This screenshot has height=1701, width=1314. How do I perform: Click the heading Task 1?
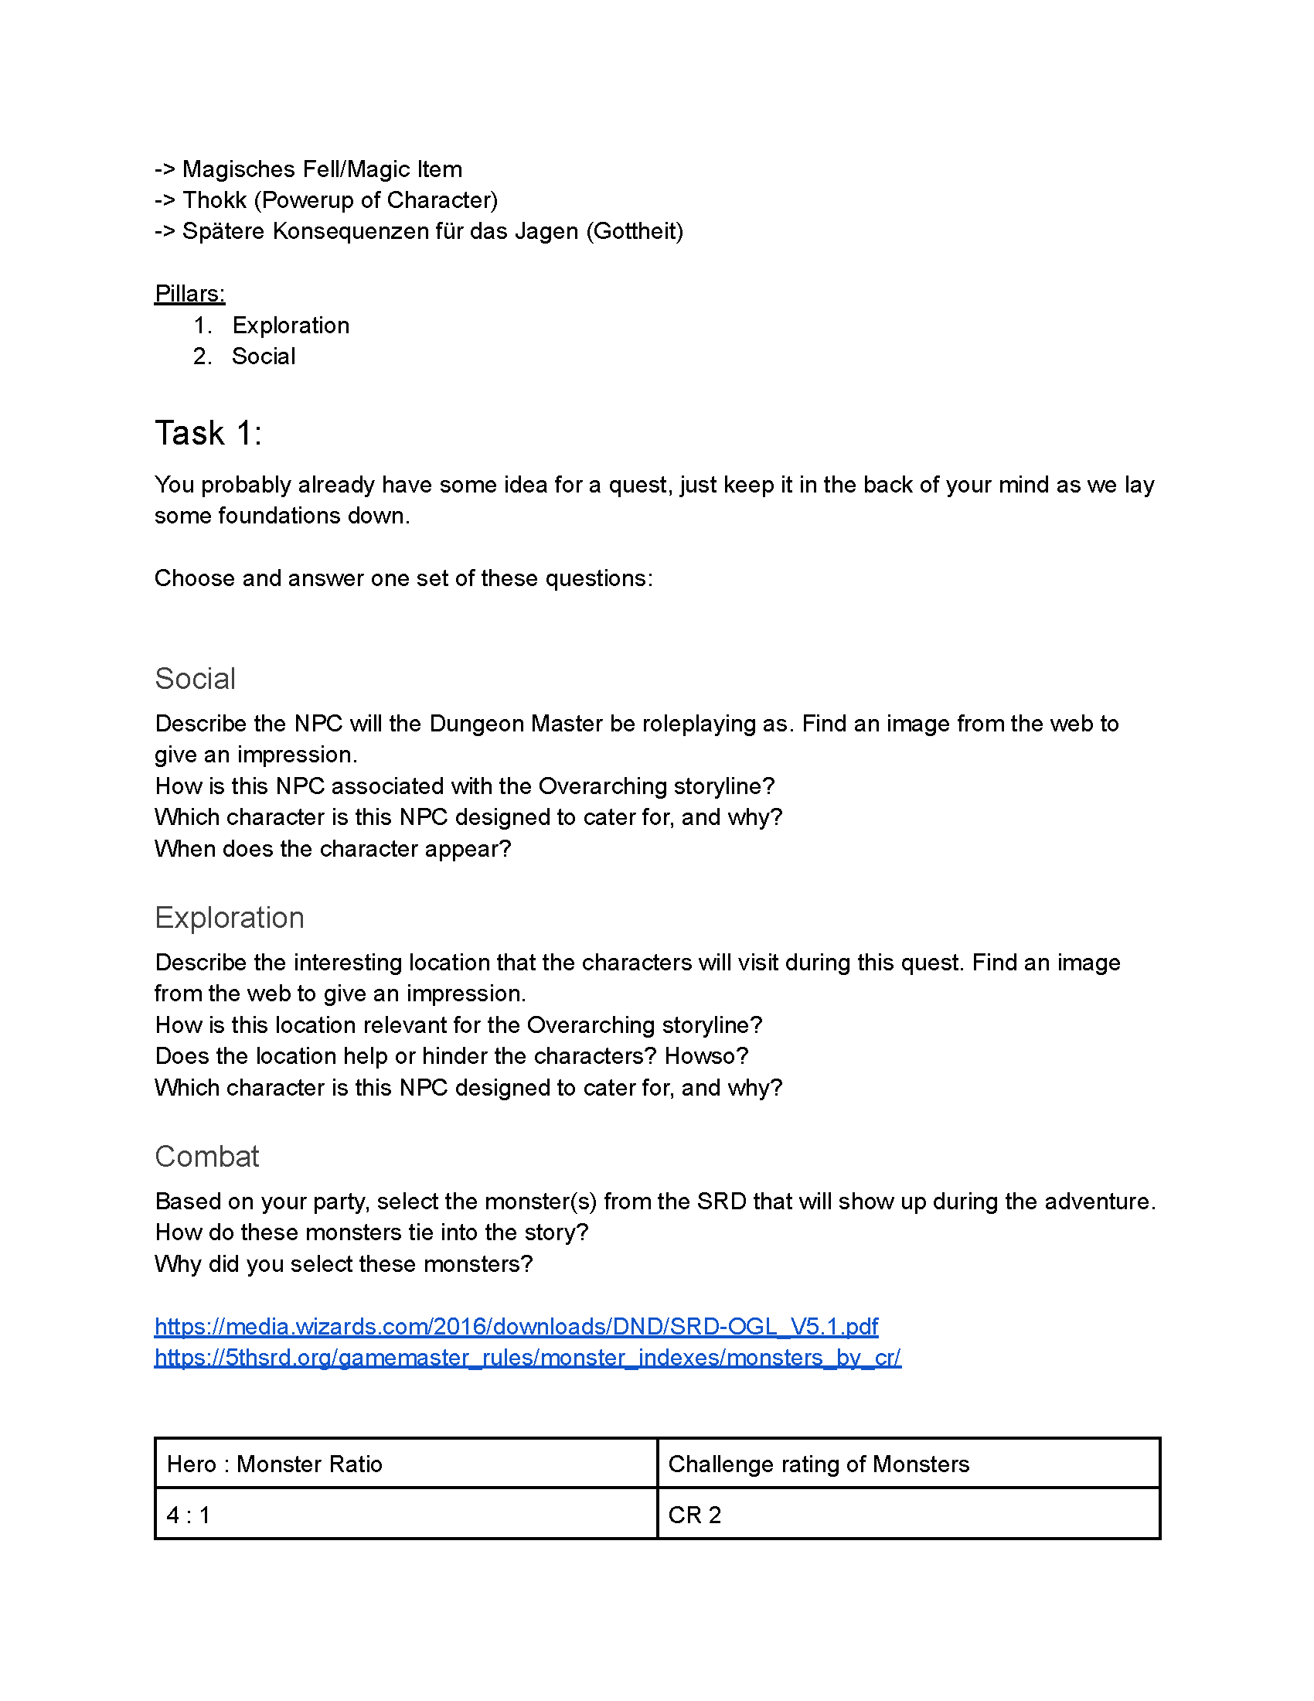point(208,433)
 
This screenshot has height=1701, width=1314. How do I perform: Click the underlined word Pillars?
point(189,294)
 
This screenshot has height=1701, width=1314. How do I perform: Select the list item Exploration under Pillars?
point(291,325)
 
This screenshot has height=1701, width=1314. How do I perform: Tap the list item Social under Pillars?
point(263,356)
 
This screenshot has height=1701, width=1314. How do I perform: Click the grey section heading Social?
point(195,678)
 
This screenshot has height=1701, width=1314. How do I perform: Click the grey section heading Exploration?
point(229,918)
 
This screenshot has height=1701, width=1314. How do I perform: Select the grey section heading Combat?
point(206,1157)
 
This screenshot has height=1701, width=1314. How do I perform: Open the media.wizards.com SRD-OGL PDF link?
point(516,1326)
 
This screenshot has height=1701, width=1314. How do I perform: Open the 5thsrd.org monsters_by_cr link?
point(527,1358)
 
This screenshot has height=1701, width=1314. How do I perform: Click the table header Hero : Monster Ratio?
point(274,1464)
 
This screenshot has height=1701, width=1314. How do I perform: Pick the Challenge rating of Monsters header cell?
point(818,1464)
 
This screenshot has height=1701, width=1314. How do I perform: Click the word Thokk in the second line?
point(214,200)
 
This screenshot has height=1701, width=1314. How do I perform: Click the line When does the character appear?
point(332,848)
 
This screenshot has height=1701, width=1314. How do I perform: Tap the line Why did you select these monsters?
point(343,1263)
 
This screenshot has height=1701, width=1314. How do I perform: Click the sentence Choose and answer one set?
point(403,578)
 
